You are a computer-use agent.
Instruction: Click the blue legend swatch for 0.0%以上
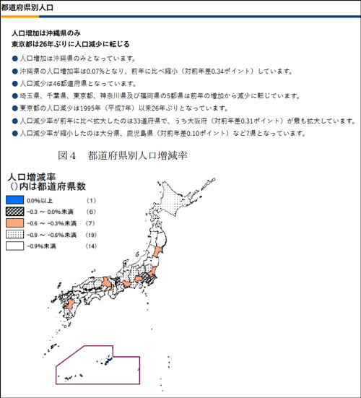[15, 199]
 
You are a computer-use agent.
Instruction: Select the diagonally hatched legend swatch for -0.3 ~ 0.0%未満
[15, 211]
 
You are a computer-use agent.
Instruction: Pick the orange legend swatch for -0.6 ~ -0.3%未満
[15, 223]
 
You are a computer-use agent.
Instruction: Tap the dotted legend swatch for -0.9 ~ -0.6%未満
[15, 235]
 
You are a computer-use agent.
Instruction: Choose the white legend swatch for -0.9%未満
[15, 246]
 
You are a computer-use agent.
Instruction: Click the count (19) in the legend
[91, 235]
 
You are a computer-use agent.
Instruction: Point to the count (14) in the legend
[91, 246]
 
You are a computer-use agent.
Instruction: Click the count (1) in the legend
[91, 199]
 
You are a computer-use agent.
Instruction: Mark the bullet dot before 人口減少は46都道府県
[14, 84]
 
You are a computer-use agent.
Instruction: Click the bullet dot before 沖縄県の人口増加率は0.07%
[14, 71]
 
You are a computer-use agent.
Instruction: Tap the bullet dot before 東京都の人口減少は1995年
[14, 108]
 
